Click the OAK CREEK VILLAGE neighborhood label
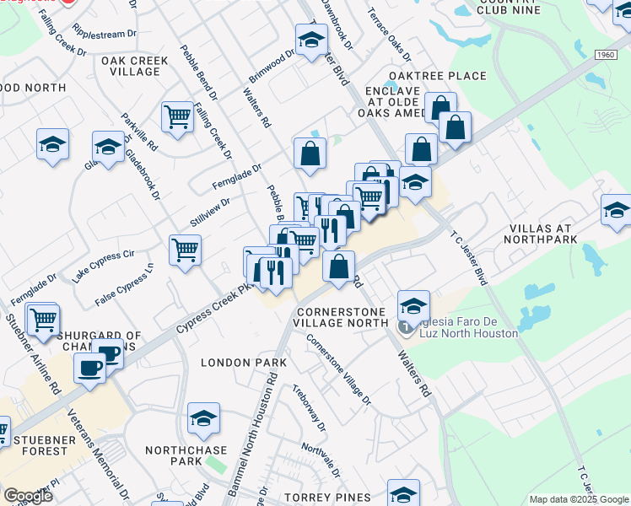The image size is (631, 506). point(135,66)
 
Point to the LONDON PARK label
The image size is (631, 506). point(244,363)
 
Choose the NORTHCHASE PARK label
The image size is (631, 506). point(185,455)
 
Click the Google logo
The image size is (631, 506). point(28,495)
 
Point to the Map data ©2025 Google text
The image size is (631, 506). point(578,499)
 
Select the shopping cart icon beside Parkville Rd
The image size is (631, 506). point(177,117)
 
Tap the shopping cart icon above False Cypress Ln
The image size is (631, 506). point(185,250)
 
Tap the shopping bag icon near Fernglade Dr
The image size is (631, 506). point(310,153)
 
